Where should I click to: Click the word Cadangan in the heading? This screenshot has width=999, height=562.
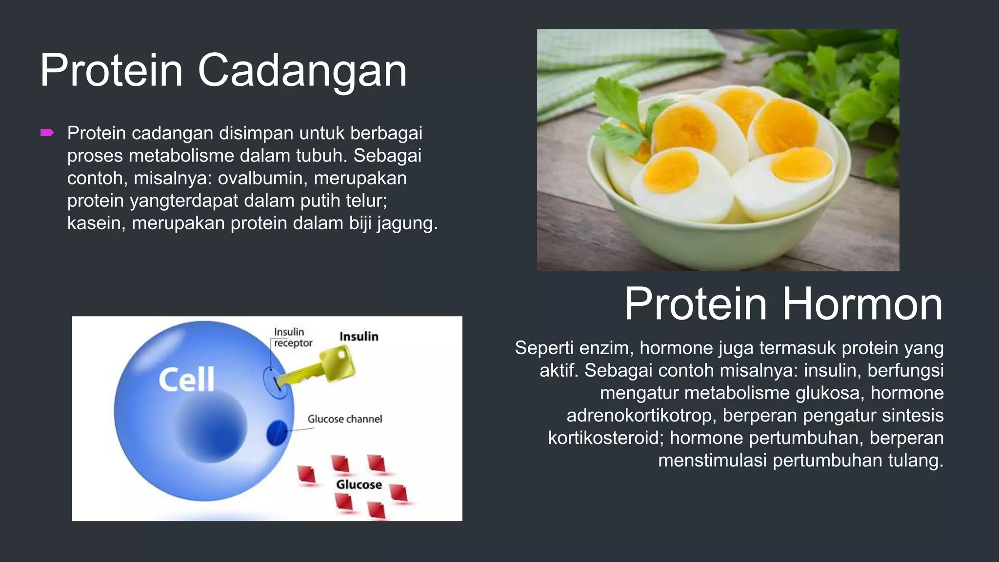pyautogui.click(x=302, y=71)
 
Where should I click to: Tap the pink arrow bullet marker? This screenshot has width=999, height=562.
pyautogui.click(x=47, y=133)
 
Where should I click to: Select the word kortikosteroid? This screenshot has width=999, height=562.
pyautogui.click(x=605, y=438)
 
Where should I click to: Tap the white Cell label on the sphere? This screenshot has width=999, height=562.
pyautogui.click(x=187, y=380)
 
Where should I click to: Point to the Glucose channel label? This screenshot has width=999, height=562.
pyautogui.click(x=344, y=419)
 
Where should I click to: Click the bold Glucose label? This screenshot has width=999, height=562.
pyautogui.click(x=359, y=485)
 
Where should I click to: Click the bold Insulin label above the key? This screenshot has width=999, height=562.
pyautogui.click(x=359, y=337)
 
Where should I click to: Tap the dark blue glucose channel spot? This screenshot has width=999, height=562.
pyautogui.click(x=277, y=433)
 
